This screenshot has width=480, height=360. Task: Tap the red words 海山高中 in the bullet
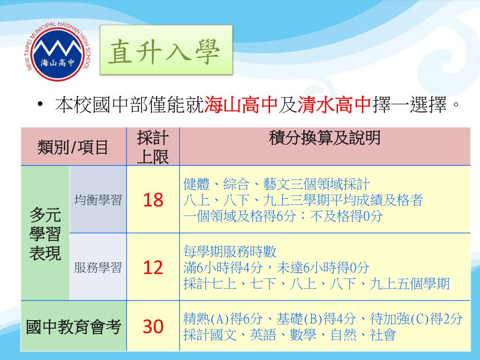click(241, 105)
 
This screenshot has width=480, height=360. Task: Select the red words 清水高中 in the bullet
click(335, 105)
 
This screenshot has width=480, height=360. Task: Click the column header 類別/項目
click(73, 147)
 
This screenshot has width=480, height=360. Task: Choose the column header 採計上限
click(153, 147)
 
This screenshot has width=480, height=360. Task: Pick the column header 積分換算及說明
click(324, 139)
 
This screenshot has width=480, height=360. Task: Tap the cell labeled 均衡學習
click(98, 200)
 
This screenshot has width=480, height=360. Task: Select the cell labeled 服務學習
click(98, 268)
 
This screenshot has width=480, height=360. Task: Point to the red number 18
click(153, 200)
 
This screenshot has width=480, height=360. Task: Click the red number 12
click(153, 268)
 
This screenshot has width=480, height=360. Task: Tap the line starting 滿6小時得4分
click(277, 268)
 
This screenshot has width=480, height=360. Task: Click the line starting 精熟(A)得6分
click(322, 319)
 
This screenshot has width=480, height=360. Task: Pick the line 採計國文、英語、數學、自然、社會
click(289, 335)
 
